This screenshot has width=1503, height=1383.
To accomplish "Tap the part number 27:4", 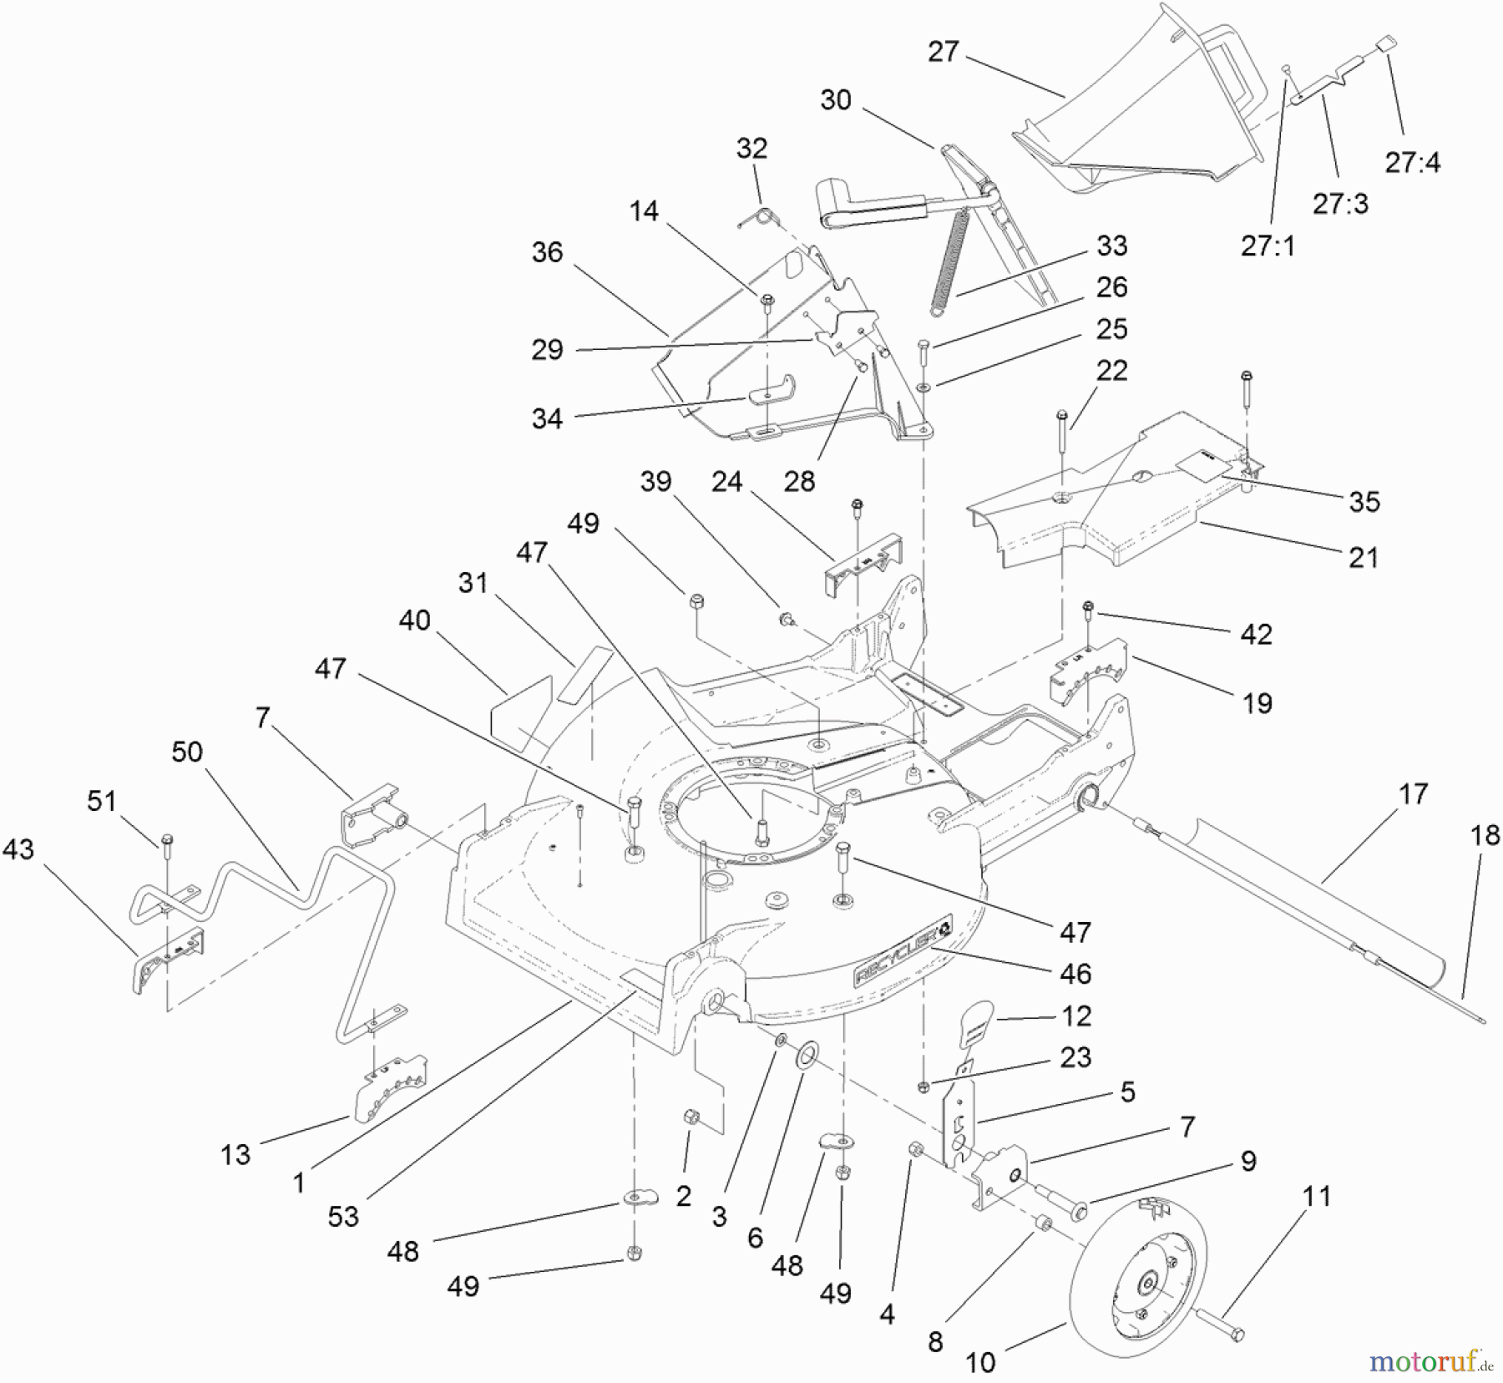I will point(1412,162).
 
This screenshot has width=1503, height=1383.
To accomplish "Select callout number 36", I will point(547,252).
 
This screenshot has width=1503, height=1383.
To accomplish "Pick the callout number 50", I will point(187,752).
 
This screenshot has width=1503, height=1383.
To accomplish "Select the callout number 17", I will point(1413,793).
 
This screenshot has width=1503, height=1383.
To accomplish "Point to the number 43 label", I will point(18,849).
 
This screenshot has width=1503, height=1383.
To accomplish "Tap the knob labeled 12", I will point(976,1023).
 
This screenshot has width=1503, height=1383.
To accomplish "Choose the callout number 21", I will point(1363,557).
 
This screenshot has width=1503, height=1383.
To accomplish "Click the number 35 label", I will point(1364,501).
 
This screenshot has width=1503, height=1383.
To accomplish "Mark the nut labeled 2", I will point(691,1117).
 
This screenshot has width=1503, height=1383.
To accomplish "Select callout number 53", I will point(343,1217).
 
